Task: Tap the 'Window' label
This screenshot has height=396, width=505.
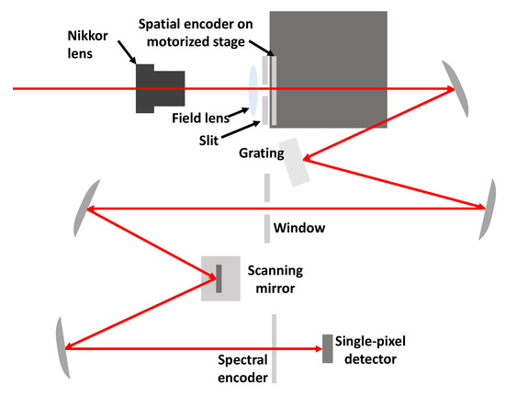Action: [x=296, y=226]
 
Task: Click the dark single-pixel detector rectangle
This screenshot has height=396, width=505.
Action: [x=327, y=348]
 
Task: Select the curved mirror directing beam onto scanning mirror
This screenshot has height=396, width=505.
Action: [x=83, y=209]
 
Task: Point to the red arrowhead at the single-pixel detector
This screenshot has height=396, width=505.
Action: [x=314, y=348]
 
